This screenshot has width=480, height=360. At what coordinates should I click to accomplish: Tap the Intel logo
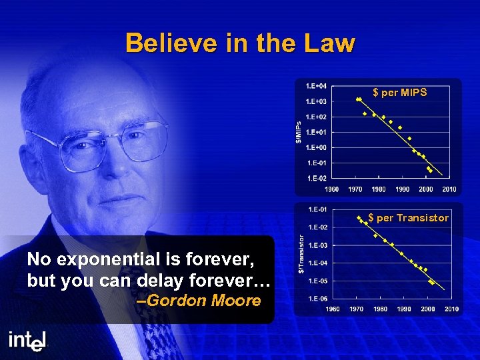[x=28, y=340]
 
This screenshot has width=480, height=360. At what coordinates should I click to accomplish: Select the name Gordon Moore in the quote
[x=203, y=301]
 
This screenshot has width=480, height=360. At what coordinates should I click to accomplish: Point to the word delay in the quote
[x=159, y=280]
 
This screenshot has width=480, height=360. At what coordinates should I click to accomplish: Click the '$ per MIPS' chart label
[x=400, y=93]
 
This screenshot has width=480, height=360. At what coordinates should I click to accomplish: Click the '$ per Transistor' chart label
[x=409, y=218]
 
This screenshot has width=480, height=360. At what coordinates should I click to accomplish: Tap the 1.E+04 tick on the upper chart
[x=316, y=86]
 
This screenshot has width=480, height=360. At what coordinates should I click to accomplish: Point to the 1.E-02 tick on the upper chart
[x=316, y=178]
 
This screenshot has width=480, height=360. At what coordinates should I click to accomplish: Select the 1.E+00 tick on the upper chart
[x=316, y=147]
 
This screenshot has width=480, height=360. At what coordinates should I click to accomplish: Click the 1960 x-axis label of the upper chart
[x=331, y=189]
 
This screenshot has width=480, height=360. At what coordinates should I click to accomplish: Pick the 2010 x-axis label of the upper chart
[x=449, y=189]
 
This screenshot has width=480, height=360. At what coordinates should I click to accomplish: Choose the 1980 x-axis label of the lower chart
[x=380, y=309]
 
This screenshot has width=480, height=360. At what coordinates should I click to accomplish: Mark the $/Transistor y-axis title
[x=301, y=253]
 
